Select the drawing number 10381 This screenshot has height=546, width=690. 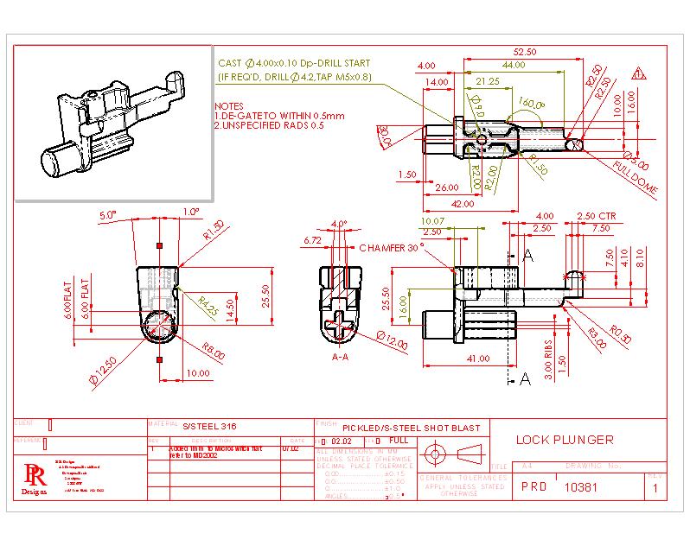[581, 487]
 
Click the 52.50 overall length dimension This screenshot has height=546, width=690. [524, 52]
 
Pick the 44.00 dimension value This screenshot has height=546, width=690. [513, 66]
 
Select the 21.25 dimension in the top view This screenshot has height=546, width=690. [488, 81]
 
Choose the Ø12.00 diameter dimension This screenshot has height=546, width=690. [390, 340]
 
